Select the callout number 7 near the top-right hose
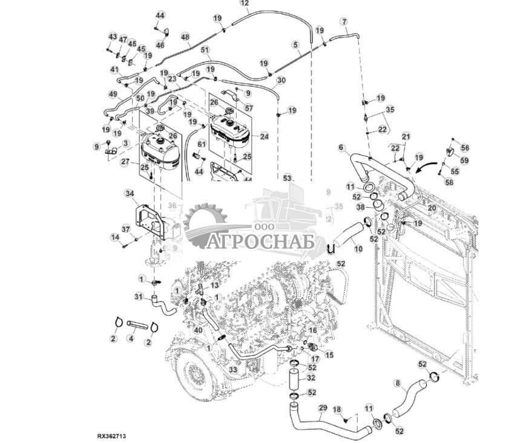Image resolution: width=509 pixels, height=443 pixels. click(344, 22)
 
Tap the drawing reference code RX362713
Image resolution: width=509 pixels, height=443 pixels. click(111, 436)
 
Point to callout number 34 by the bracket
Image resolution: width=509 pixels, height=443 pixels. click(129, 193)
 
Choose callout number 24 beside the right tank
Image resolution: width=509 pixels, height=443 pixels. click(264, 137)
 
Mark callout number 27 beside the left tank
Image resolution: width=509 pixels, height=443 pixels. click(125, 162)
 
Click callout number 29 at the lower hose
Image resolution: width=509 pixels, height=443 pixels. click(322, 407)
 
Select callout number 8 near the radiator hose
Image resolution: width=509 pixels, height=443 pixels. click(397, 383)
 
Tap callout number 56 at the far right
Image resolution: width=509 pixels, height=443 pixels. click(465, 148)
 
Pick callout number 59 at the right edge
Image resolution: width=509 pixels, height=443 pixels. click(465, 161)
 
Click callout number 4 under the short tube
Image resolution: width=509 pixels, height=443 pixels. click(131, 338)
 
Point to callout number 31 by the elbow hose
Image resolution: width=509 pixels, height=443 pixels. click(139, 296)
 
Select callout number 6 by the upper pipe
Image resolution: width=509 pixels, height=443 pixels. click(341, 147)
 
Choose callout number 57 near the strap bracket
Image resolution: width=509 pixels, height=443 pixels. click(249, 108)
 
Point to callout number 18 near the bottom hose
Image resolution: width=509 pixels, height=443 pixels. click(338, 410)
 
